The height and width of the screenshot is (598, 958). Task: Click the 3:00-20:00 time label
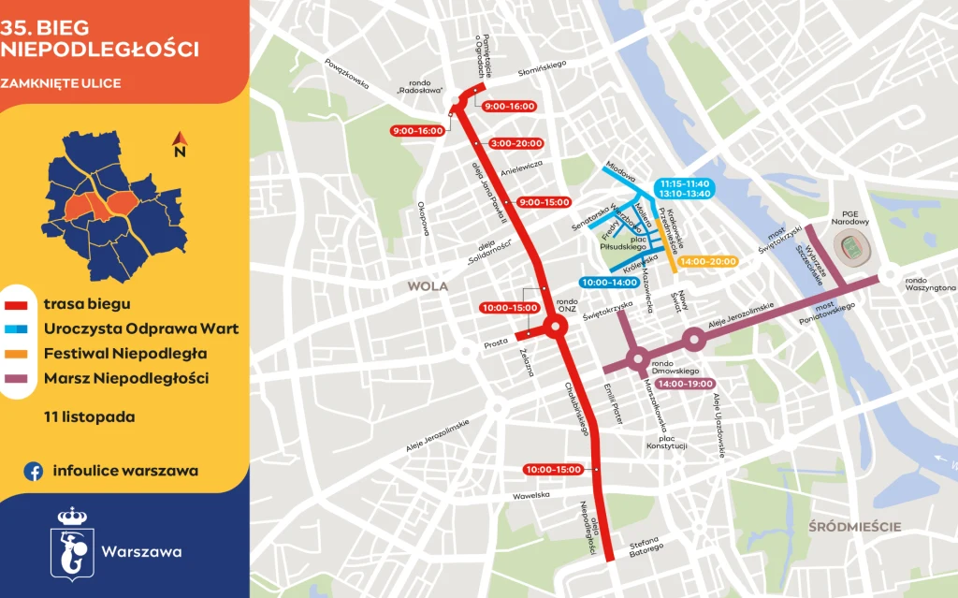pos(515,143)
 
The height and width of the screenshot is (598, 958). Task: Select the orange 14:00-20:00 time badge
pos(708,262)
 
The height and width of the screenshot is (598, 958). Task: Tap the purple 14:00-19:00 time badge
pos(685,384)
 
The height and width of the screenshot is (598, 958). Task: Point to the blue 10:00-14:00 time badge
pos(609,282)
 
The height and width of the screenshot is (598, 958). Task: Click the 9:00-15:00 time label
pos(544,202)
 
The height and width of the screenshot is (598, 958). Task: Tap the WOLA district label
pos(427,286)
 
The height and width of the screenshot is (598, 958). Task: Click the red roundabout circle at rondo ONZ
pos(553,328)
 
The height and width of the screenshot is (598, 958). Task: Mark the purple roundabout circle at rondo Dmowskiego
pos(637,357)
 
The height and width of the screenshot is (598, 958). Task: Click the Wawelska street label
pos(530,496)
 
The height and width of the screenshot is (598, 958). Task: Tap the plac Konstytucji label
pos(667,442)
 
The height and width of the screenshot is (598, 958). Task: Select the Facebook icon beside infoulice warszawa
pos(34,472)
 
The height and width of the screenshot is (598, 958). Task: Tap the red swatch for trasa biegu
pos(16,304)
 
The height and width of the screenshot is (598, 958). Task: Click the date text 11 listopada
pos(89,416)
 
